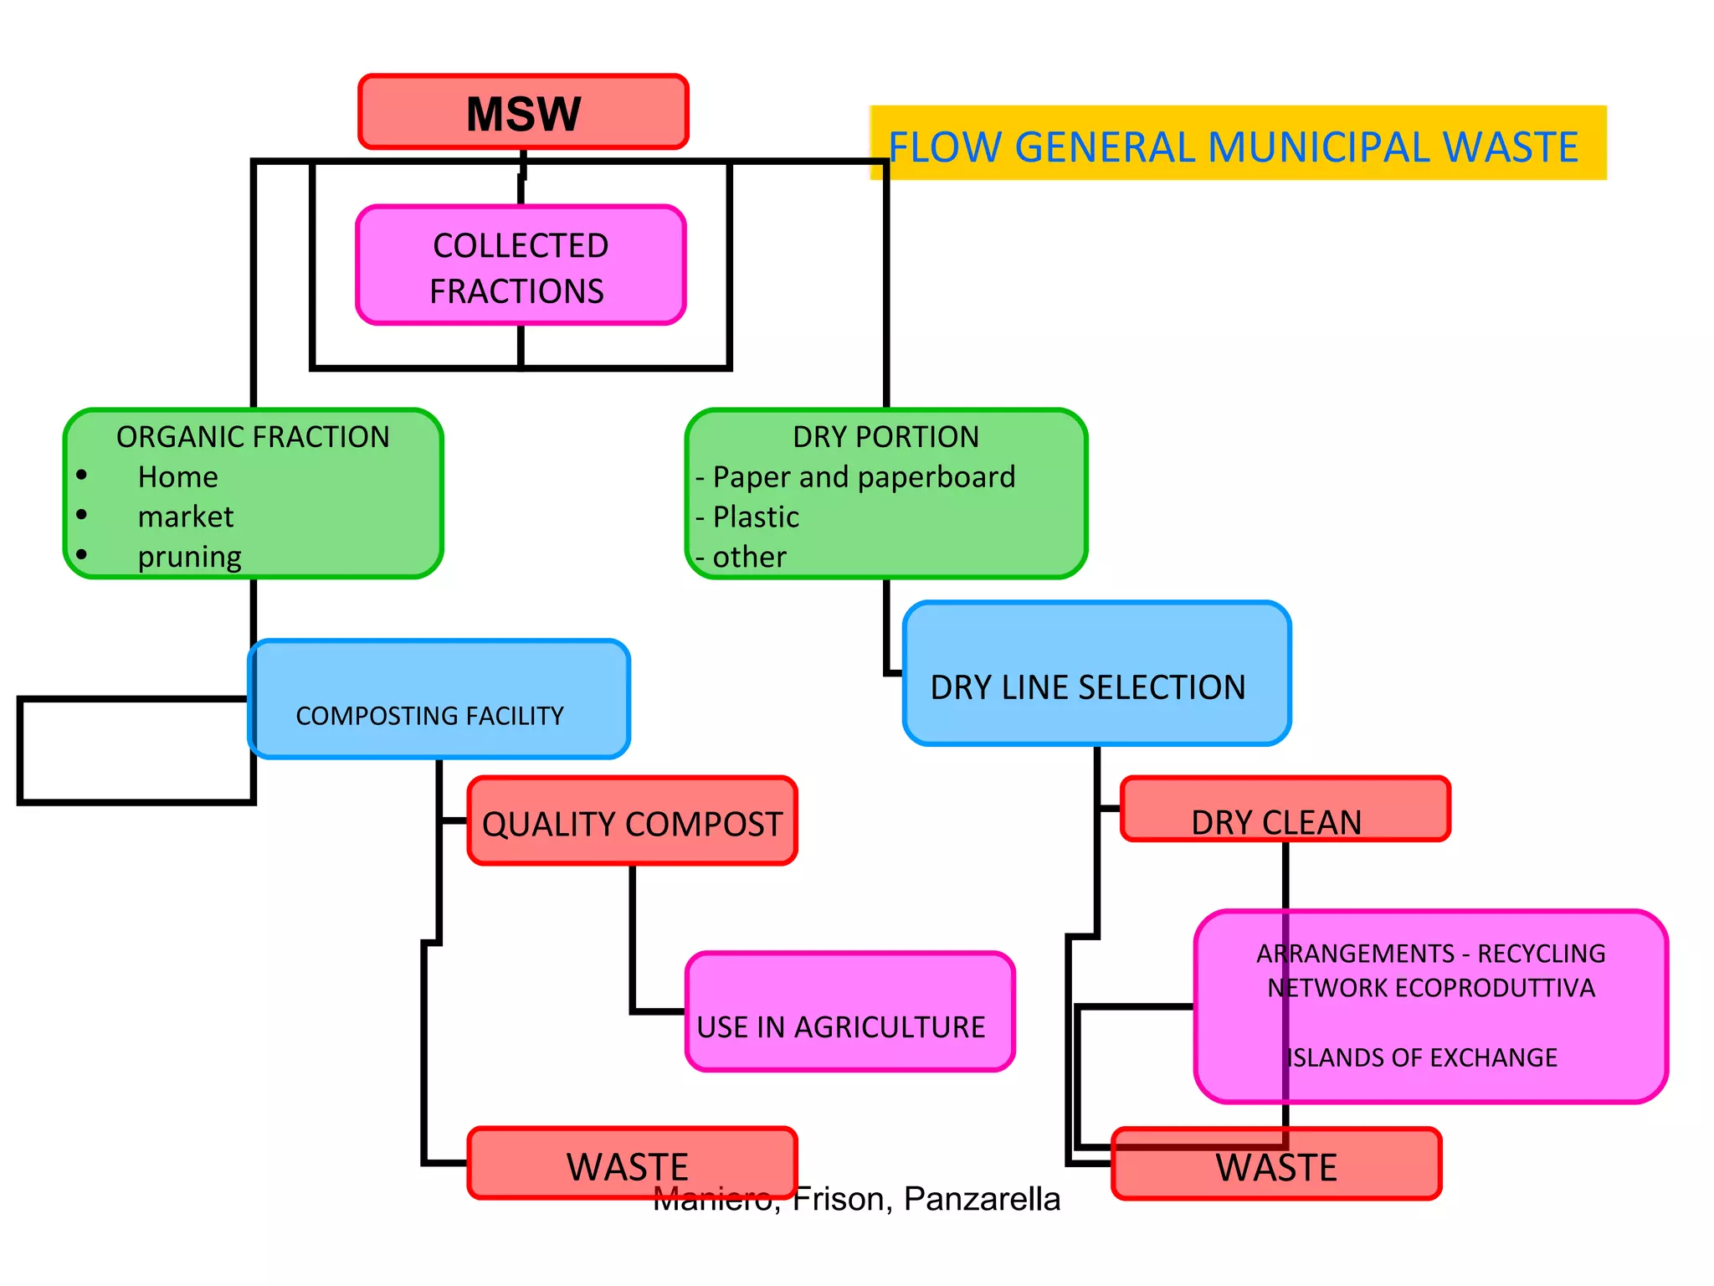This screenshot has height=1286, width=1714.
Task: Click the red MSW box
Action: click(x=523, y=112)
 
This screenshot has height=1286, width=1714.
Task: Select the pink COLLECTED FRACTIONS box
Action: click(x=521, y=265)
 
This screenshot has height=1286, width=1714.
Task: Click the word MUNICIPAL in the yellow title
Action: click(x=1319, y=147)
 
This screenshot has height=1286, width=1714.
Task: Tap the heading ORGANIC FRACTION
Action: click(x=253, y=437)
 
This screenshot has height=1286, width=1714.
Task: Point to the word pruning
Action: click(x=189, y=557)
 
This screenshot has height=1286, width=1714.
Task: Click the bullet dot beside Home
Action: click(x=81, y=476)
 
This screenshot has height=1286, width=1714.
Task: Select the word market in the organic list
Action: click(x=186, y=517)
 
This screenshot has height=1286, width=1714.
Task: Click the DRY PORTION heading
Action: click(x=885, y=437)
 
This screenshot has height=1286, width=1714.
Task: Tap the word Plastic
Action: click(x=756, y=517)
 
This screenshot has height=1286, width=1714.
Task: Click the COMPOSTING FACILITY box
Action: click(x=439, y=699)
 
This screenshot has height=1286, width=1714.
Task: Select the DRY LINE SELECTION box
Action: click(x=1096, y=674)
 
